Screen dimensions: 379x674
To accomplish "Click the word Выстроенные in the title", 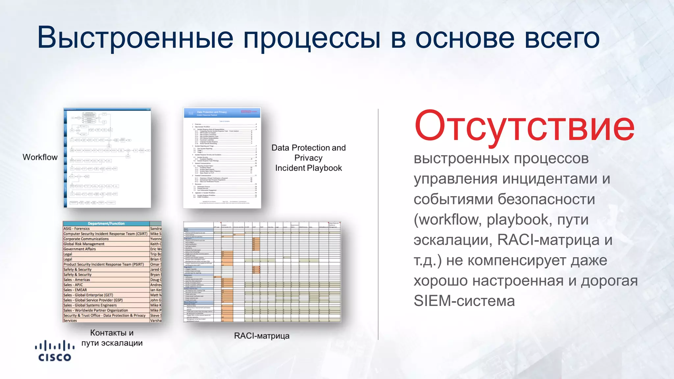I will coord(135,38).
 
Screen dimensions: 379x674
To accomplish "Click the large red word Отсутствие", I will coord(524,127).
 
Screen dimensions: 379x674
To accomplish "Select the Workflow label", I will coord(40,157).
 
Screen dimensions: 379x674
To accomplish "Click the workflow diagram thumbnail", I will coord(107,158).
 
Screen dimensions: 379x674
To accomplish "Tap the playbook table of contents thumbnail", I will coord(222,158).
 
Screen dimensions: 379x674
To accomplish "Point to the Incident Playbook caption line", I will coord(308,168).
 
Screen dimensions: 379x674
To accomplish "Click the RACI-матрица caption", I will coord(262,336).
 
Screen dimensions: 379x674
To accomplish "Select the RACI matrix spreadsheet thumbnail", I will coord(262,272).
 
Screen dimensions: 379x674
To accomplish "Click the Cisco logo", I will coord(55,351).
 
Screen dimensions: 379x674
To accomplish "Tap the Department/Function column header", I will coord(106,223).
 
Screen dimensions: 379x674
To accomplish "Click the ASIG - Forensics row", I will coord(77,229).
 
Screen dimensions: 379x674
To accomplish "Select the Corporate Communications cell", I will coord(86,239).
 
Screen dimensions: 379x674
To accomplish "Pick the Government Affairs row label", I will coord(80,249).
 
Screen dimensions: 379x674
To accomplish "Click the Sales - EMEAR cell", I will coord(75,290).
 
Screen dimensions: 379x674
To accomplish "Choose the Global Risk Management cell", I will coord(84,244).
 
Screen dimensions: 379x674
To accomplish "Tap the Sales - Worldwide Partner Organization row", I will coord(96,310).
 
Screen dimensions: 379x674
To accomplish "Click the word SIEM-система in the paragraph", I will coord(464,301).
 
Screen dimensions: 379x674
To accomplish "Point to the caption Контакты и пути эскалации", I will coord(112,338).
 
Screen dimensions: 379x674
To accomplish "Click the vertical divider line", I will coord(378,224).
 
